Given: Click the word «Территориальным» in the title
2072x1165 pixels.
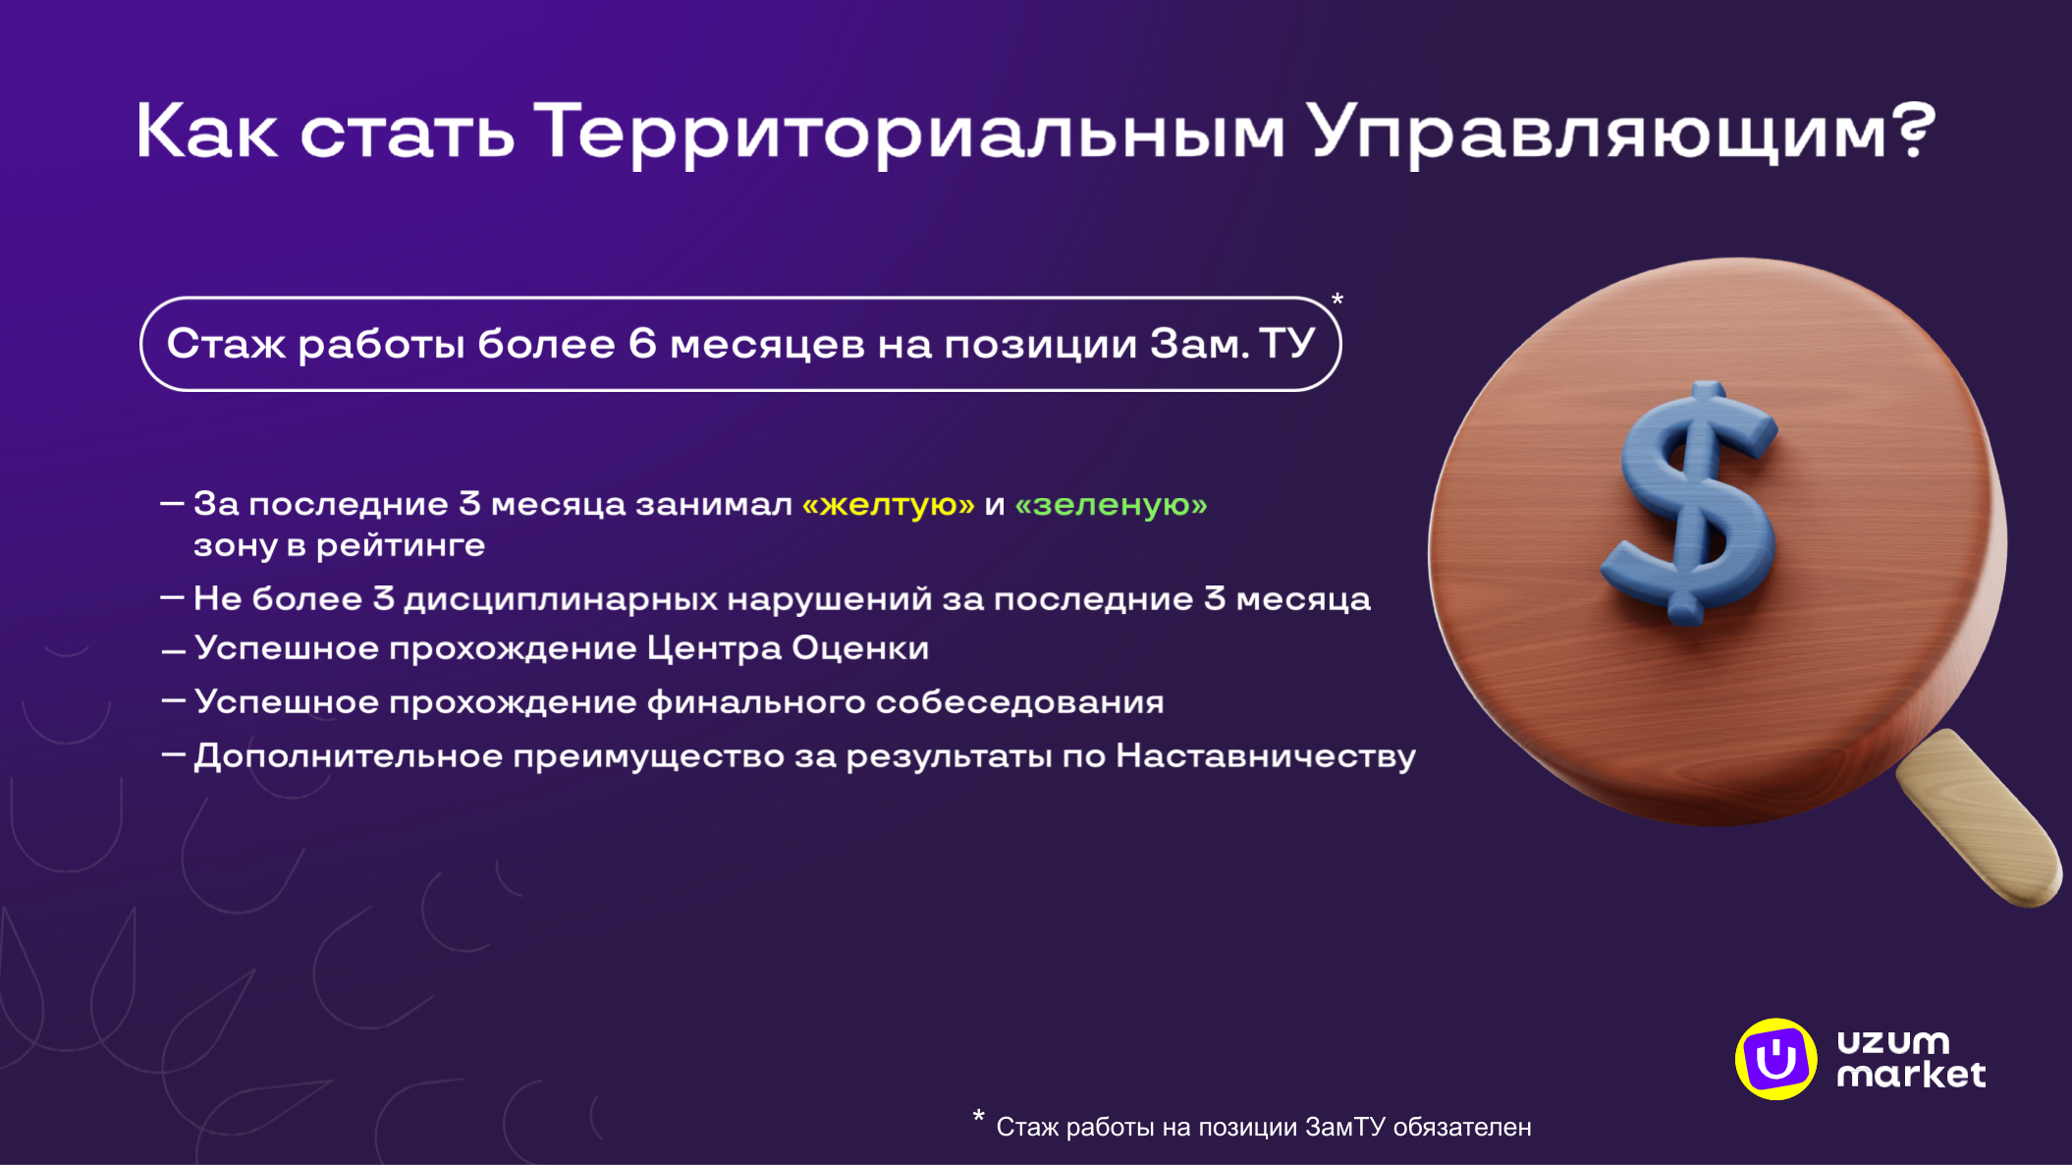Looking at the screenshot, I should point(909,133).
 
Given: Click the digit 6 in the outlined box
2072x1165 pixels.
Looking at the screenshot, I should point(642,344).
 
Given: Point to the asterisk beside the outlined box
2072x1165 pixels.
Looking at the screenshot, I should point(1336,300).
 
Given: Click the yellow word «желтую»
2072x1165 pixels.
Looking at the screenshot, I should point(889,505).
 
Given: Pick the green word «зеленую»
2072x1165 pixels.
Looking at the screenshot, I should point(1111,505).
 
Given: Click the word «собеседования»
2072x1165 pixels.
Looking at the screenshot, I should point(1019,702).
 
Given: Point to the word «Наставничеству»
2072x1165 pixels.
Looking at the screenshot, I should point(1266,756).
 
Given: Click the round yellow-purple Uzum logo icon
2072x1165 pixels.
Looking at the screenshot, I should point(1775,1059).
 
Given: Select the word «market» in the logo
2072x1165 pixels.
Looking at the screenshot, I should point(1911,1075).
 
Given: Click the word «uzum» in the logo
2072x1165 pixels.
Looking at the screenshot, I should point(1893,1041).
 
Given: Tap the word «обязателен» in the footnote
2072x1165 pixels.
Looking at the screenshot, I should point(1462,1128).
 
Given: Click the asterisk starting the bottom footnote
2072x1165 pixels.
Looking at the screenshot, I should point(978,1116).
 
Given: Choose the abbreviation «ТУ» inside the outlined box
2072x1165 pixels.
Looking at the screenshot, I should point(1286,344).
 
